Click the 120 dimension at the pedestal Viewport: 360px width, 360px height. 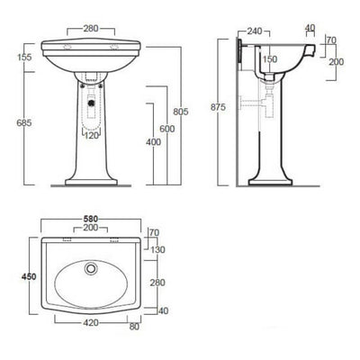[90, 136]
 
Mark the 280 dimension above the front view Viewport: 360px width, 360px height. [89, 29]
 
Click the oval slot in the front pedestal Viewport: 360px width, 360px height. [90, 108]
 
